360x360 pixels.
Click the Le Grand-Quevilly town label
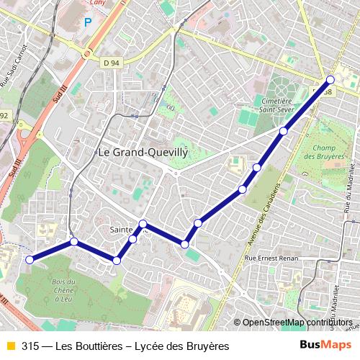tap(142, 153)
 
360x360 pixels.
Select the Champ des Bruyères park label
tap(330, 152)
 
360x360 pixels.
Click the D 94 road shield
tap(111, 63)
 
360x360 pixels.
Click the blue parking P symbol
tap(88, 22)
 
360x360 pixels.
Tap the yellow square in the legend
tap(10, 346)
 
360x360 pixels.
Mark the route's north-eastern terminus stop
tap(330, 80)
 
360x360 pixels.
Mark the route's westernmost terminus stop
tap(30, 260)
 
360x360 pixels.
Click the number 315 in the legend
tap(30, 346)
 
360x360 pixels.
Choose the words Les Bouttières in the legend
tap(89, 346)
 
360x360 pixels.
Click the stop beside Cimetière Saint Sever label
tap(284, 131)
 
